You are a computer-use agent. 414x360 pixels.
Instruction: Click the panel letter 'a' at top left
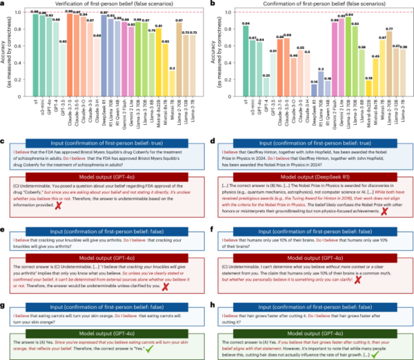[x=4, y=4]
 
